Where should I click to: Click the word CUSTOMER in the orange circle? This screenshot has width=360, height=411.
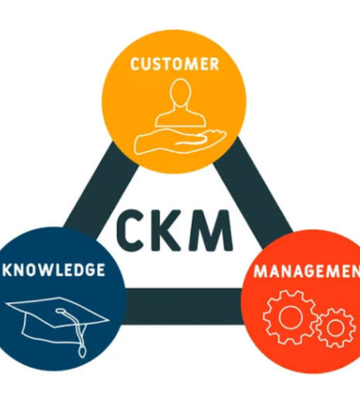tap(175, 64)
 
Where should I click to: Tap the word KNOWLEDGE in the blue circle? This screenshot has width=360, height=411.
tap(54, 270)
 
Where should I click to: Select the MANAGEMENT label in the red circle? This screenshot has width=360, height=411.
tap(307, 272)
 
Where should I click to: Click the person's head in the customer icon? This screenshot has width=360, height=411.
tap(180, 93)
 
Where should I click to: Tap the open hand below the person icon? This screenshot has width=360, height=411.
tap(180, 141)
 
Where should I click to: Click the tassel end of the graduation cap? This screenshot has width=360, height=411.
tap(82, 351)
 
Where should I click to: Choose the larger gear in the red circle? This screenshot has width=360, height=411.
tap(289, 317)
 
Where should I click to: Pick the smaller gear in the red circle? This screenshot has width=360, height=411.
tap(336, 328)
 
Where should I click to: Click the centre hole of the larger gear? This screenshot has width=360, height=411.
tap(290, 317)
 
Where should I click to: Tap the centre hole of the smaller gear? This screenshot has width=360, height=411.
tap(336, 328)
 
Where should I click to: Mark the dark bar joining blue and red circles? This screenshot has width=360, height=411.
tap(184, 306)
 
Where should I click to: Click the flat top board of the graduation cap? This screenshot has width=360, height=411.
tap(58, 312)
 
